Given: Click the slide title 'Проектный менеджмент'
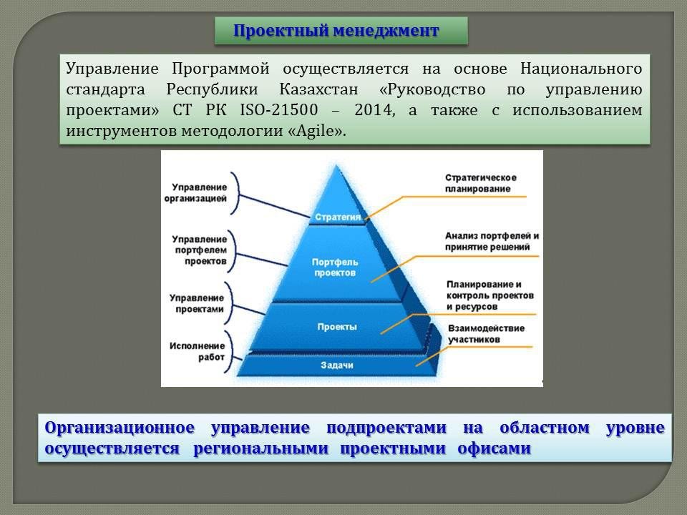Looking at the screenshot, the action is (336, 31).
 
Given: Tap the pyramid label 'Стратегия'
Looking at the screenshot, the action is (338, 217).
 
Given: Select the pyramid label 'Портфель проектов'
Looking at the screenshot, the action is (335, 267).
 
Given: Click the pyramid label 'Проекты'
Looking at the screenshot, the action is (337, 327).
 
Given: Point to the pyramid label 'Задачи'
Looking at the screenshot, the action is (337, 365).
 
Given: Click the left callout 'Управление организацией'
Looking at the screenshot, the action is (195, 192).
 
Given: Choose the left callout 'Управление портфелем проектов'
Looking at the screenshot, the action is (200, 250).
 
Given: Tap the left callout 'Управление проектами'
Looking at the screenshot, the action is (197, 303).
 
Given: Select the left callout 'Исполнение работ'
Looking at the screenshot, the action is (198, 351).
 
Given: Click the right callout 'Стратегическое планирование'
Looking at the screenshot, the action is (481, 183).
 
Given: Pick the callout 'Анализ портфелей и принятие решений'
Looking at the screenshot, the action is (492, 241).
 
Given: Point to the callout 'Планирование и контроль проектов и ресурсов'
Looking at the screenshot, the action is (489, 295).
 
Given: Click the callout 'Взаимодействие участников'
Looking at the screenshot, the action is (486, 334).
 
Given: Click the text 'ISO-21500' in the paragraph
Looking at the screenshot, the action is (278, 109).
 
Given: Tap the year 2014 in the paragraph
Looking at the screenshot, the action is (374, 109).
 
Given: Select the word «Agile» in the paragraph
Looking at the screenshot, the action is (317, 130).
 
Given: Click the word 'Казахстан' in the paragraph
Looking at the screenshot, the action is (318, 89).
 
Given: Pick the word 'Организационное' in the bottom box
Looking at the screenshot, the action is (120, 428).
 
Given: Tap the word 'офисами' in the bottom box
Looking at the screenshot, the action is (494, 448).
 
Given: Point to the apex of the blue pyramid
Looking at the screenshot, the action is (336, 165).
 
